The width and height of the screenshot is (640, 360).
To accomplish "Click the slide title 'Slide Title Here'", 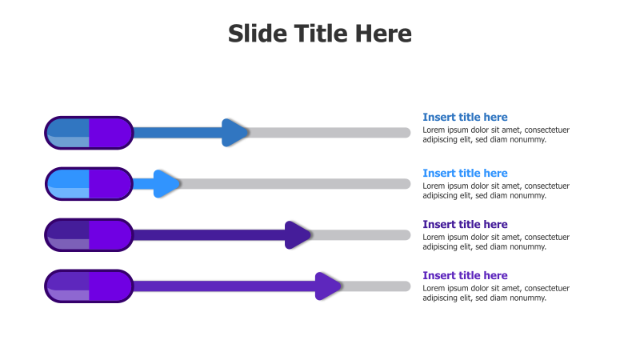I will pos(320,34).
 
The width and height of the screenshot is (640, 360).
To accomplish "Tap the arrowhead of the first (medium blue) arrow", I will pos(235,133).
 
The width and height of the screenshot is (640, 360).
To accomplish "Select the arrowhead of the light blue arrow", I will pos(167,184).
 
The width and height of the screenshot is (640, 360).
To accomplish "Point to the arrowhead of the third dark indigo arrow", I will pos(298,235).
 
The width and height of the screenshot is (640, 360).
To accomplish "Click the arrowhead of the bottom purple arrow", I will pos(328,286).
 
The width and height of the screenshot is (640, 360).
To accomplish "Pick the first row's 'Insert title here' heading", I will pos(465,118).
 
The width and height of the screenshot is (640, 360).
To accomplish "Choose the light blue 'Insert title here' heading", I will pos(465,174).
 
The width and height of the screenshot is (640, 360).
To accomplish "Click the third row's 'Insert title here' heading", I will pos(465,225).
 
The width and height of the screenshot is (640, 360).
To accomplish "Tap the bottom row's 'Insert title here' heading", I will pos(465,276).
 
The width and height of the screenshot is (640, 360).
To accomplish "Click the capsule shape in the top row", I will pos(89,133).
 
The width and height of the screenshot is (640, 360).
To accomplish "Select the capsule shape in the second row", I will pos(89,184).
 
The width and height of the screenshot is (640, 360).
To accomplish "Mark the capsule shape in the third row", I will pos(89,235).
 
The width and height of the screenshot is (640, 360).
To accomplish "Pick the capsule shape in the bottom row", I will pos(89,286).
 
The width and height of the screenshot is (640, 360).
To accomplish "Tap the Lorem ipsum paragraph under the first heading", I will pos(496,134).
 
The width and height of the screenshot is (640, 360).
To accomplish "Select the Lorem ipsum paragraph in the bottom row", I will pos(496,293).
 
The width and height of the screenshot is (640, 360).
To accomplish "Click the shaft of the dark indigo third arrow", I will pos(208,235).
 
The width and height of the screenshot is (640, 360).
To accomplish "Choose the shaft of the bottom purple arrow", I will pos(224,286).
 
